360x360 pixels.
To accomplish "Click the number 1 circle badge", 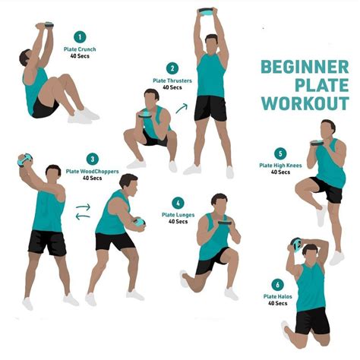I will click(x=80, y=36).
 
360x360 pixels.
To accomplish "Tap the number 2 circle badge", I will click(x=172, y=68).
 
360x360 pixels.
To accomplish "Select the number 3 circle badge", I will click(x=92, y=159).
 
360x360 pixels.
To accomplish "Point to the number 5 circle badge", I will click(x=280, y=153).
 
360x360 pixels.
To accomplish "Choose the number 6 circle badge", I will click(x=276, y=284).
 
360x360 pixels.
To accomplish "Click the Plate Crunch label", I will click(x=81, y=50).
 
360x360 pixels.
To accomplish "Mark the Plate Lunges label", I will click(x=178, y=215).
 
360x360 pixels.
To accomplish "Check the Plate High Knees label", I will click(x=279, y=166).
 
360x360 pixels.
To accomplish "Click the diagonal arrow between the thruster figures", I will click(x=182, y=109).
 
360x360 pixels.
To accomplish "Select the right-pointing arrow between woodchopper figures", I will click(x=84, y=207).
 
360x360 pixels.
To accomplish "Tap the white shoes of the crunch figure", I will click(x=84, y=115).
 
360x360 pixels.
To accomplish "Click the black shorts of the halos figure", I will click(x=313, y=319).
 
